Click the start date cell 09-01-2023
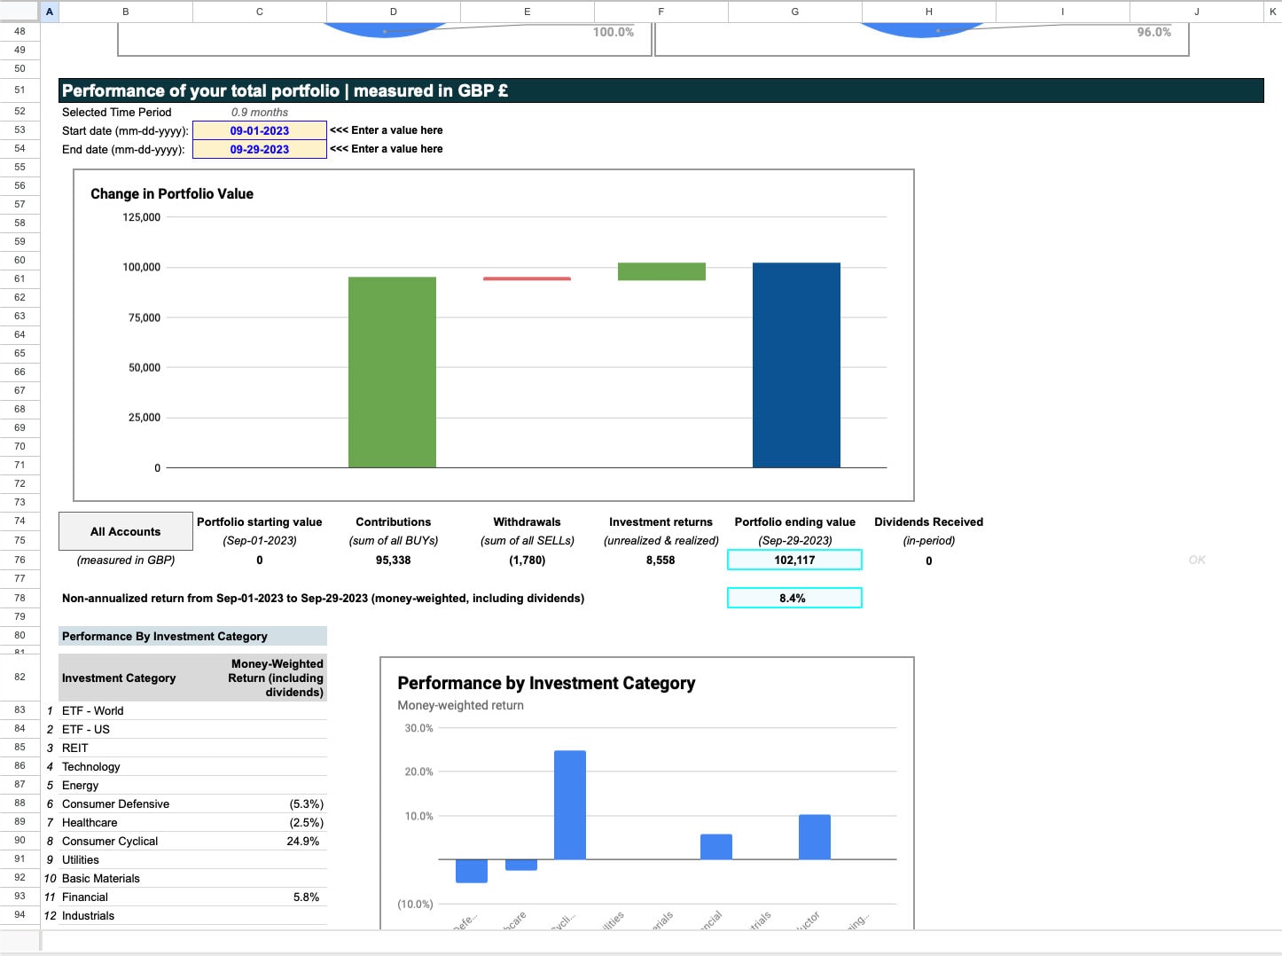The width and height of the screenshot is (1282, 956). click(x=260, y=130)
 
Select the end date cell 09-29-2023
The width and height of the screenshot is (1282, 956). click(x=260, y=149)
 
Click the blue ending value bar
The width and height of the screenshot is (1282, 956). click(x=796, y=364)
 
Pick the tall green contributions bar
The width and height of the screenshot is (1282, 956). click(x=392, y=372)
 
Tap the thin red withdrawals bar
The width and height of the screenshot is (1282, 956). click(x=527, y=278)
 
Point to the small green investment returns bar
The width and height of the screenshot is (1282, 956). click(x=661, y=271)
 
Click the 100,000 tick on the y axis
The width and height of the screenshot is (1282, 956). click(x=142, y=267)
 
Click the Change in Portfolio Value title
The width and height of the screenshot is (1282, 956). click(x=172, y=194)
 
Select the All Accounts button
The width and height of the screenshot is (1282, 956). click(x=126, y=531)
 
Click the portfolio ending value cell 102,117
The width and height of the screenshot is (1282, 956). click(x=794, y=560)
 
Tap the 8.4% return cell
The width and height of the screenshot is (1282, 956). click(x=793, y=598)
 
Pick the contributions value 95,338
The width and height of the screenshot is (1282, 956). click(x=393, y=560)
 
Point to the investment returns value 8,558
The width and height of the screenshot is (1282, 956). click(x=661, y=560)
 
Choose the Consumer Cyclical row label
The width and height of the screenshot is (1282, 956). click(x=110, y=841)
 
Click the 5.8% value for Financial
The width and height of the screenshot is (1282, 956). click(x=306, y=897)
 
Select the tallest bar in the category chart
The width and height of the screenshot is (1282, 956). click(x=570, y=804)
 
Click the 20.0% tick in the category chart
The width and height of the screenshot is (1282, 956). click(x=418, y=772)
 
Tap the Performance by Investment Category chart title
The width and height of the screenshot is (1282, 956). click(x=546, y=683)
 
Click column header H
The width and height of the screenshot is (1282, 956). click(x=928, y=12)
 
